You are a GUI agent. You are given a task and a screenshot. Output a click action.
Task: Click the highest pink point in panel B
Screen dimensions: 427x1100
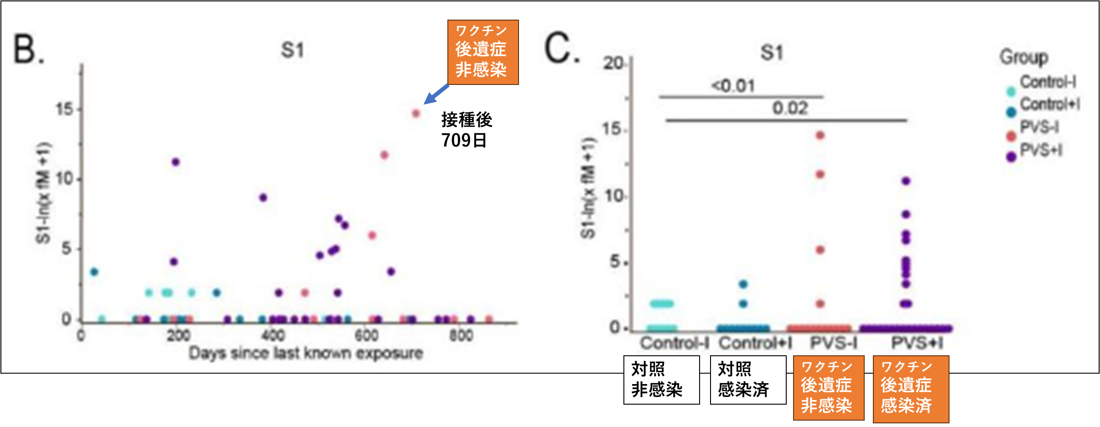(416, 113)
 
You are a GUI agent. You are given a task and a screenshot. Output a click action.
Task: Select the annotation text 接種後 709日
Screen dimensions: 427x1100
(466, 130)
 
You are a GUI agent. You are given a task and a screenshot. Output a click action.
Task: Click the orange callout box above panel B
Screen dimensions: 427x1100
(483, 52)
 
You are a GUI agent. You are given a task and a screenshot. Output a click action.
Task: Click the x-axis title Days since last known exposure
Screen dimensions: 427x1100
(306, 353)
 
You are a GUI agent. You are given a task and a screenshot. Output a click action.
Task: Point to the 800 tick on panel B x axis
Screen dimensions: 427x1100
(461, 336)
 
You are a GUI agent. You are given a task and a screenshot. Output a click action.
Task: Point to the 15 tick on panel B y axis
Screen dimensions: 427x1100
(64, 109)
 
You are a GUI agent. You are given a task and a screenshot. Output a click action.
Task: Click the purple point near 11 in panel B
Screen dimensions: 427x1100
(176, 162)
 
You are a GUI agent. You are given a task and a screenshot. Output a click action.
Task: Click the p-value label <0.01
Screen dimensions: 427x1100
(733, 86)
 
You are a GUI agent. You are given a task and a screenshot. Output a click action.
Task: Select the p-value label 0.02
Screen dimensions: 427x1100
(790, 109)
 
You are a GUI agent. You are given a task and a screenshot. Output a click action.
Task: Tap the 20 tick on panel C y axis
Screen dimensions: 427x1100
(613, 63)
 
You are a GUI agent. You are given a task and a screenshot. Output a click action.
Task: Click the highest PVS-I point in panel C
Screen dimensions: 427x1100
(820, 135)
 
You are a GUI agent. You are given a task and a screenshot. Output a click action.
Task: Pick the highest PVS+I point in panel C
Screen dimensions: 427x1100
(906, 181)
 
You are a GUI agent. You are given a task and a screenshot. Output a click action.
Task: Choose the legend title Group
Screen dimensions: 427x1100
(1023, 57)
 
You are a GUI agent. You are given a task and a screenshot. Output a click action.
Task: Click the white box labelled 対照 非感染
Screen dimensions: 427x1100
(661, 380)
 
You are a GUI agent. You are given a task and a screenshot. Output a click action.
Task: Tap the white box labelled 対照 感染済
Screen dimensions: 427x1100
(748, 380)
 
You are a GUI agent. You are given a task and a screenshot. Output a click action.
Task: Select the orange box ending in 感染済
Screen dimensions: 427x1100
(911, 389)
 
